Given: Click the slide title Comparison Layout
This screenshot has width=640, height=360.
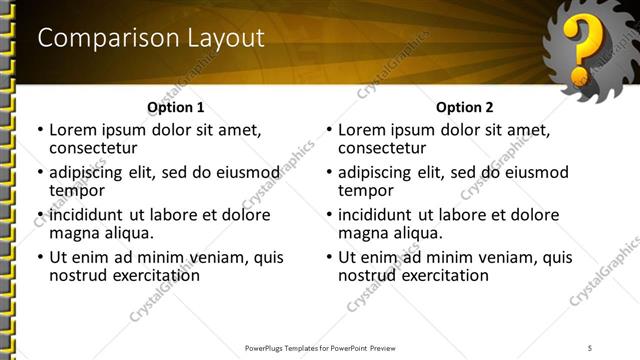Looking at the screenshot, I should pyautogui.click(x=151, y=38).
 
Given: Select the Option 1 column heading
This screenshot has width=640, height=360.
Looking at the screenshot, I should pyautogui.click(x=175, y=107).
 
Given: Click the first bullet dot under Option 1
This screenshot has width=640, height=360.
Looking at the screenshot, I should pyautogui.click(x=39, y=130).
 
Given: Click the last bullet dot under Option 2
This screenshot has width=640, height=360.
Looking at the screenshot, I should pyautogui.click(x=328, y=258).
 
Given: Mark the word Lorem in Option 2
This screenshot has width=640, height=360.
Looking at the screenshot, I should pyautogui.click(x=363, y=130).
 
